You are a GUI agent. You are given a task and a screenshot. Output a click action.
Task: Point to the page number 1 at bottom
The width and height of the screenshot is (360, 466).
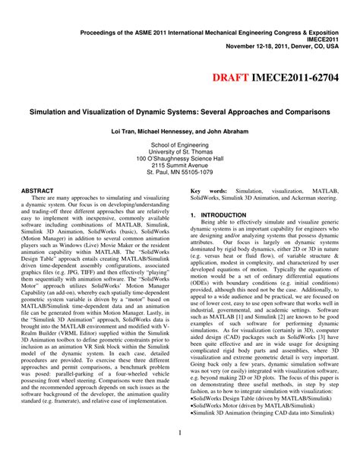[179, 434]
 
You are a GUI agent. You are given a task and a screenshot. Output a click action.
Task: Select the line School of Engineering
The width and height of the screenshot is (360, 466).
[180, 144]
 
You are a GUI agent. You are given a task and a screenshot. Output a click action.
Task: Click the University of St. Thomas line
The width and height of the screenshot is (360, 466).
[180, 151]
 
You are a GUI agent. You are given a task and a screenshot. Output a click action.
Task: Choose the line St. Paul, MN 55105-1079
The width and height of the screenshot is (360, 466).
[180, 173]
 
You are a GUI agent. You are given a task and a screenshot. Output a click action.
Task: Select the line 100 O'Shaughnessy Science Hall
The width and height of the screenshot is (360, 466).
[180, 159]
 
